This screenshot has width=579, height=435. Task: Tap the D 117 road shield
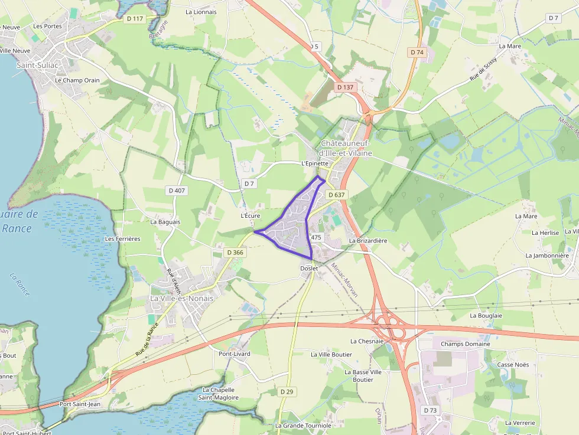[135, 19]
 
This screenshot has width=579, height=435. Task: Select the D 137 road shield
[345, 87]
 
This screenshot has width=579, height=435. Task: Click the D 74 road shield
[417, 53]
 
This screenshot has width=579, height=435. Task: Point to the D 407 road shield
[177, 191]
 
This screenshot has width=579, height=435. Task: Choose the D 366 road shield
[235, 253]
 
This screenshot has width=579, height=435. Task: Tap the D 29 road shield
[287, 391]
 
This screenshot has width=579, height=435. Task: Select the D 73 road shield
[430, 410]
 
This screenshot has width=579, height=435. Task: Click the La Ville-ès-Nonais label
[181, 299]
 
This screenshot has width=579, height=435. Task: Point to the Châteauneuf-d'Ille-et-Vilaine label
[346, 149]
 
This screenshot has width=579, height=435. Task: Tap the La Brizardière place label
[367, 241]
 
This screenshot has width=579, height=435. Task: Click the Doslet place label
[309, 269]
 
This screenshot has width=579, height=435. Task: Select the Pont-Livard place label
[235, 354]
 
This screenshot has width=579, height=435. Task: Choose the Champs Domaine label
[466, 344]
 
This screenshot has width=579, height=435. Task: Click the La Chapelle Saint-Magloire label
[218, 394]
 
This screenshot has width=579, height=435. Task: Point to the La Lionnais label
[201, 12]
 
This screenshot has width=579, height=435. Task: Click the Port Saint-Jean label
[80, 404]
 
